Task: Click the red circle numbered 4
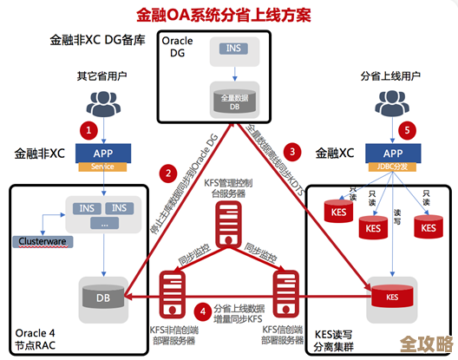pyautogui.click(x=200, y=309)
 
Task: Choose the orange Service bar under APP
pyautogui.click(x=103, y=167)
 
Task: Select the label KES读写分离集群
pyautogui.click(x=336, y=339)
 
